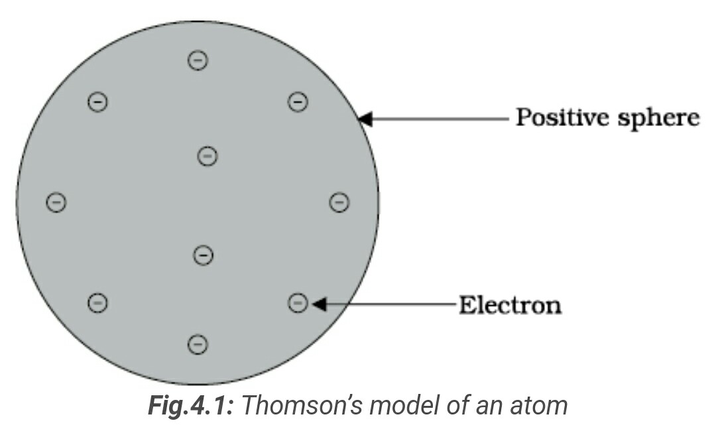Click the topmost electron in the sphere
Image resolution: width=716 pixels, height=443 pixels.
[x=198, y=60]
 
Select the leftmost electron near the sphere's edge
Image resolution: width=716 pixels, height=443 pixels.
[x=56, y=202]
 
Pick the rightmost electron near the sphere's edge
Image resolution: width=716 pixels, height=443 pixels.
[x=339, y=202]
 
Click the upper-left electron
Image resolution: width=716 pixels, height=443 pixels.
[x=97, y=102]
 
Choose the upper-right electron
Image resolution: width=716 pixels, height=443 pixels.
[x=298, y=102]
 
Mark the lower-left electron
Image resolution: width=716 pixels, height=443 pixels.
[x=97, y=303]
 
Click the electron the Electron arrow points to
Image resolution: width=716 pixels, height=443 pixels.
[x=298, y=303]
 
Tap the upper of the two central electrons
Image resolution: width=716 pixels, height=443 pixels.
[x=208, y=157]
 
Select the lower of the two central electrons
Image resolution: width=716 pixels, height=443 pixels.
[x=203, y=255]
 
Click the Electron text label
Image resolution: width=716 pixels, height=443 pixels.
[x=510, y=306]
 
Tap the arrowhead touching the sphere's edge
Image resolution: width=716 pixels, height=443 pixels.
[x=365, y=119]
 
